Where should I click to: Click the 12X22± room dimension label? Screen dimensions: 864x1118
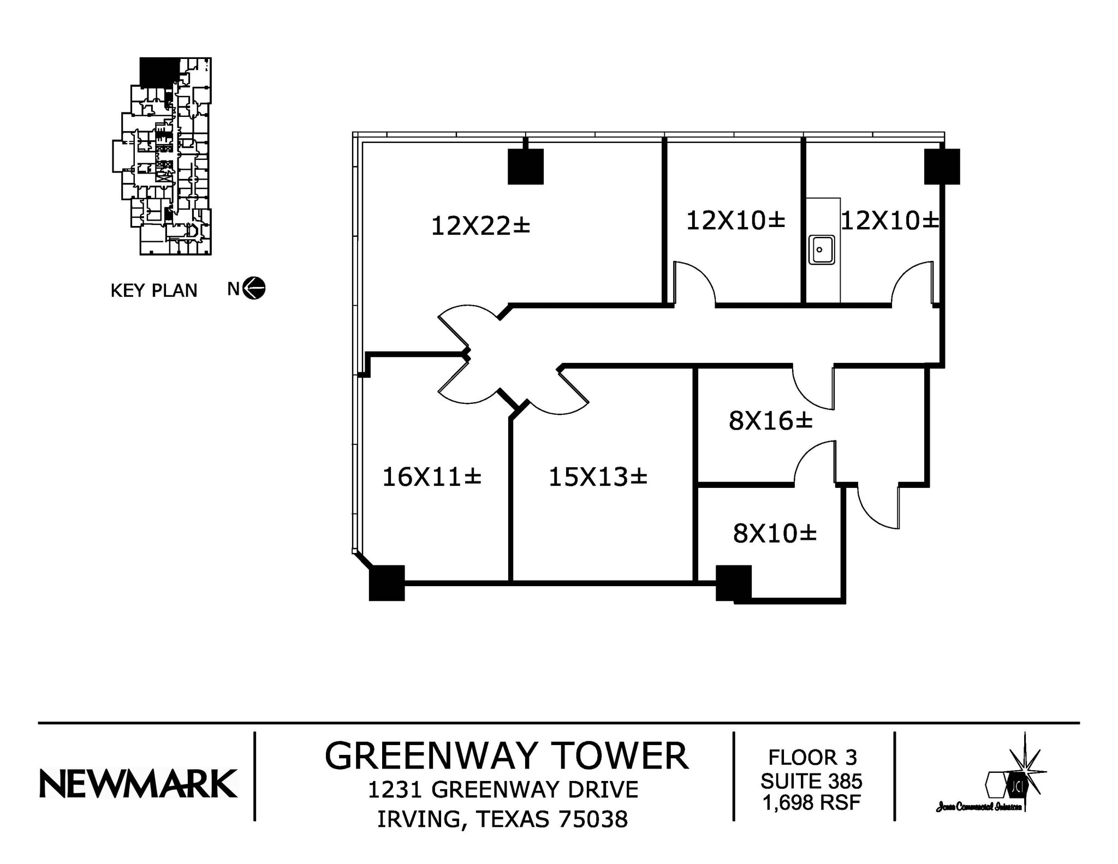click(480, 226)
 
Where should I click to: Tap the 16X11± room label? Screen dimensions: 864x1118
click(431, 477)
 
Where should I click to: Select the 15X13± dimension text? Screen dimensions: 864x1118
click(598, 477)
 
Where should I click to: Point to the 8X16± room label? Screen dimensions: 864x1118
click(770, 421)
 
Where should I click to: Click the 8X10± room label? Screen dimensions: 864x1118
click(774, 534)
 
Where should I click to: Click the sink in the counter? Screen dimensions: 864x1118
click(821, 250)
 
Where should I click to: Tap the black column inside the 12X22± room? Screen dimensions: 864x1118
click(525, 166)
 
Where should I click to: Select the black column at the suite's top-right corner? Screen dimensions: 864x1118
click(942, 166)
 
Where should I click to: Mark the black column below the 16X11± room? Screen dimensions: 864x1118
click(386, 583)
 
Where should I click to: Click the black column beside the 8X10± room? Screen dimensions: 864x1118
click(733, 583)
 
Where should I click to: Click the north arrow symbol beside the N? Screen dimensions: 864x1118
click(254, 288)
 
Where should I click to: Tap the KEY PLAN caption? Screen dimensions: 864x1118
click(153, 290)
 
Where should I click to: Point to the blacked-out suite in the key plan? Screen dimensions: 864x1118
click(159, 71)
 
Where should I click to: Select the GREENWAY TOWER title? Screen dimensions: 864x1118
click(506, 756)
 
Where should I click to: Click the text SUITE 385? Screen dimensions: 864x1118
click(811, 781)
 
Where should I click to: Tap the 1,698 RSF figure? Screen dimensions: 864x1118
click(811, 802)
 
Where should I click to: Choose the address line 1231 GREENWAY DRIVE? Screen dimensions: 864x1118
click(503, 790)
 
